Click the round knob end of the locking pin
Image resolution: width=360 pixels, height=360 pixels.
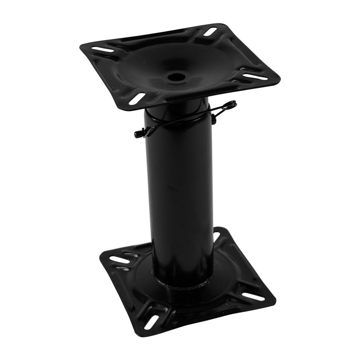[x=137, y=134]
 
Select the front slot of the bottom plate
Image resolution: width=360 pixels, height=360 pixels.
[x=152, y=321]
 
